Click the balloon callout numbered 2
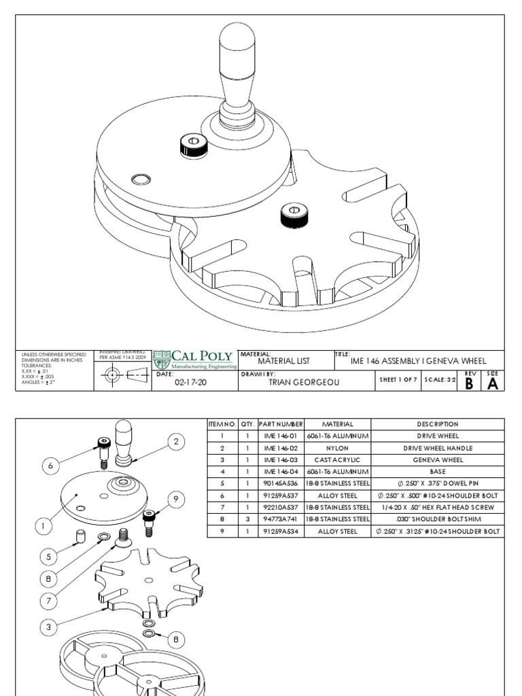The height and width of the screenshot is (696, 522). pos(176,442)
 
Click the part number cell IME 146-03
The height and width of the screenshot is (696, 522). pos(280,459)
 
